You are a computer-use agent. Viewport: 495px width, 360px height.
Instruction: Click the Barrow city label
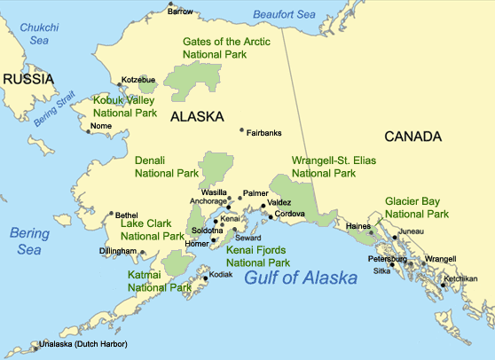point(181,12)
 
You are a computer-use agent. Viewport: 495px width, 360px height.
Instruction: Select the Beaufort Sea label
point(285,14)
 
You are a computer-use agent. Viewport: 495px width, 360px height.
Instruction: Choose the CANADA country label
point(412,137)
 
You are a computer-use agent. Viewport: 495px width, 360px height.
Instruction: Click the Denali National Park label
point(166,168)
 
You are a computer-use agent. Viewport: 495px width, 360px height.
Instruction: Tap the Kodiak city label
point(219,275)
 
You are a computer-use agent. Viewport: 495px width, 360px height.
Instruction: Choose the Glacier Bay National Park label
point(416,208)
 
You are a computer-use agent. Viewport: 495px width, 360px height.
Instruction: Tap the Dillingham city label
point(118,252)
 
